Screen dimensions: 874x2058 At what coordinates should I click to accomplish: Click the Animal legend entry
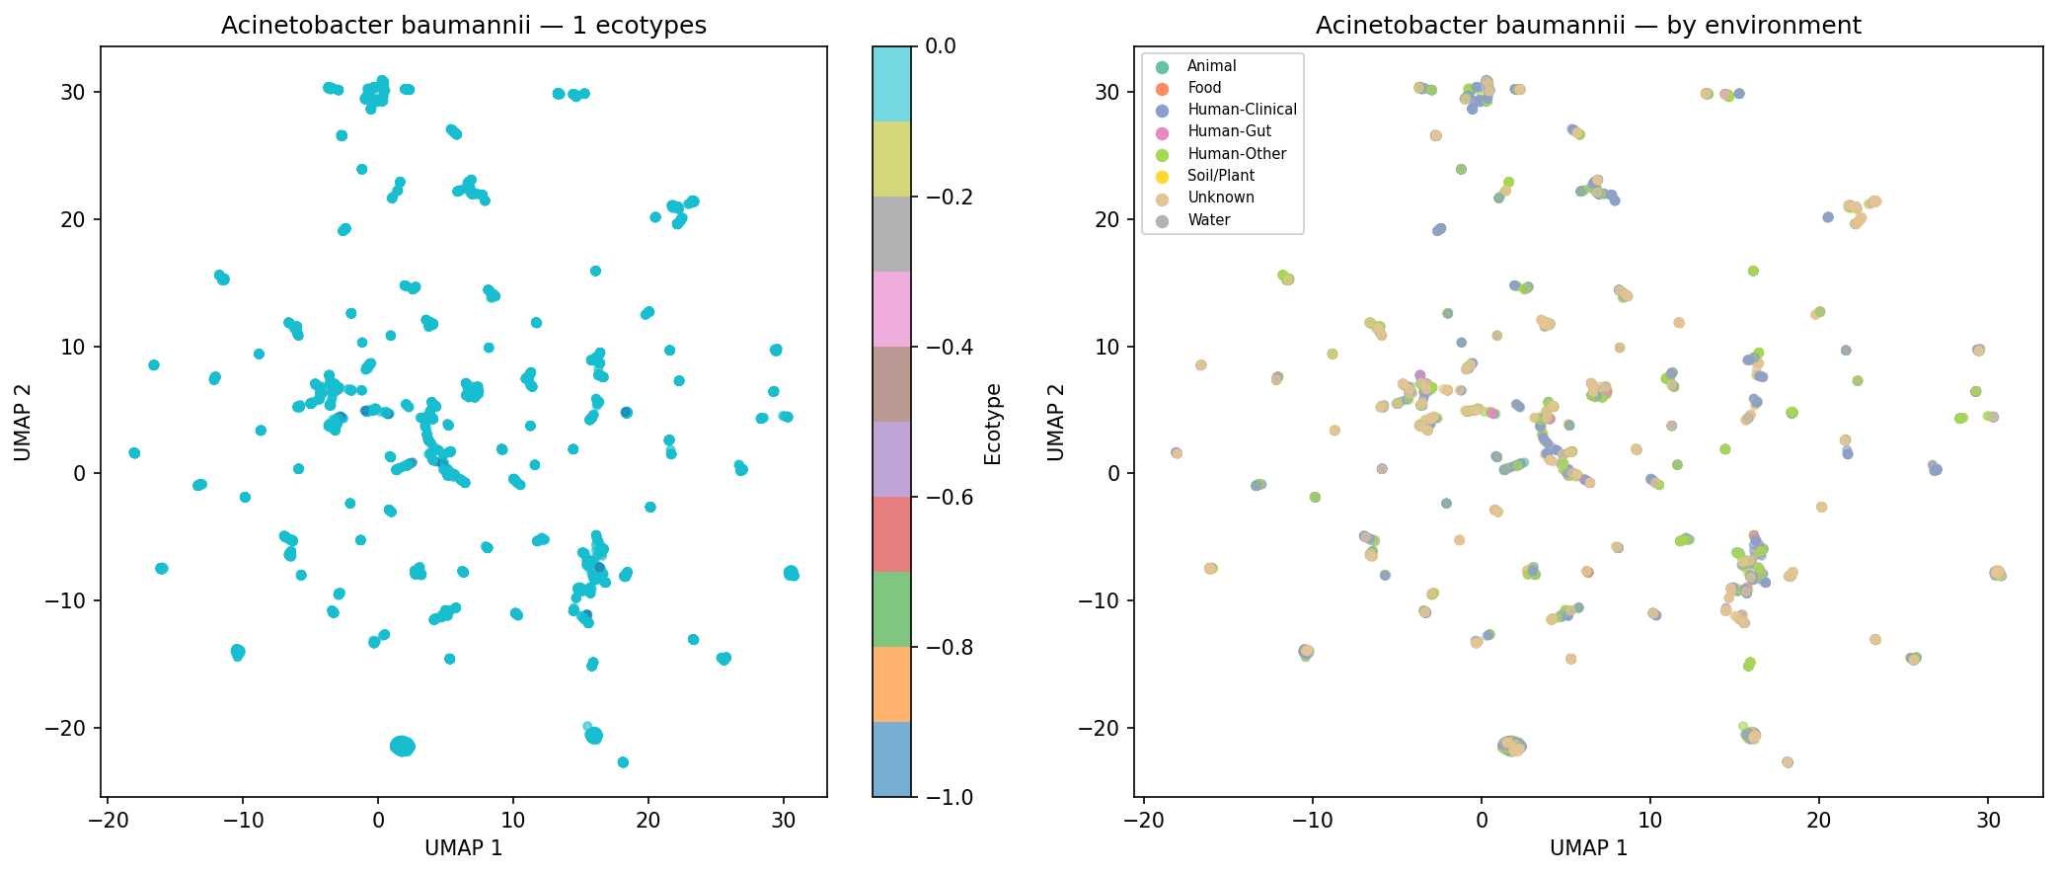1211,66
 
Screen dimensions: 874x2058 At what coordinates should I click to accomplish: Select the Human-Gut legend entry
1229,131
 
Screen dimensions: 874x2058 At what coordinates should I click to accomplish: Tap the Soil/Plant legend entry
1221,176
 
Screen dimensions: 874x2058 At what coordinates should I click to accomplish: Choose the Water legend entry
1208,220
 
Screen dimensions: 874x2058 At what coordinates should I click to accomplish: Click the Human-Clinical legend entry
1242,110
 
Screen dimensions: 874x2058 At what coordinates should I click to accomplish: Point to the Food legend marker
1162,88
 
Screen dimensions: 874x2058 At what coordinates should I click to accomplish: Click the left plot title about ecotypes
464,26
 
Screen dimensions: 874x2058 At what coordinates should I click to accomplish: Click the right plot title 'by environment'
1588,26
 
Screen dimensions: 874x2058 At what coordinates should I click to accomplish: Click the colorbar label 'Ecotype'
993,424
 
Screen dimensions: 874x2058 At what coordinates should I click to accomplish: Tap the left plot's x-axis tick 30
784,820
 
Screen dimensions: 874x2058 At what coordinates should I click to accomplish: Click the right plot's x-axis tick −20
1143,820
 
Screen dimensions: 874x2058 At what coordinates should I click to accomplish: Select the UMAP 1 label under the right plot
1588,848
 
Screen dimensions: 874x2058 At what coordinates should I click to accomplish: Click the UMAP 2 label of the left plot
23,422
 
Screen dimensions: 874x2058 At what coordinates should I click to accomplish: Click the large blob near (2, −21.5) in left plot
403,747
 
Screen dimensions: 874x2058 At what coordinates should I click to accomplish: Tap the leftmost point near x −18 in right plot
1176,453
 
